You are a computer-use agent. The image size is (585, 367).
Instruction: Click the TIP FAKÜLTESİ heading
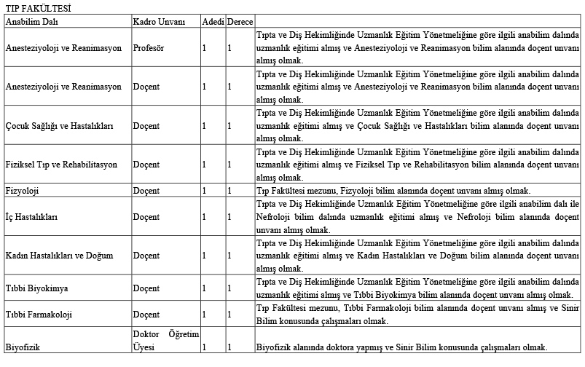click(34, 8)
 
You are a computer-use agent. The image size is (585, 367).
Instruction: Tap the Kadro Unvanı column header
click(157, 21)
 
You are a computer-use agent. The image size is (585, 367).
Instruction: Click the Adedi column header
click(213, 21)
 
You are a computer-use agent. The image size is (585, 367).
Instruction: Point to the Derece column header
click(240, 21)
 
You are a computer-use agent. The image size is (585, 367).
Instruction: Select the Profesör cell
click(150, 48)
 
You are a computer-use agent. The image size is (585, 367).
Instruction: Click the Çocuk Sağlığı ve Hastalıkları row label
click(59, 125)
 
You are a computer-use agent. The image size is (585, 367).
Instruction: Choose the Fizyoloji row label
click(23, 190)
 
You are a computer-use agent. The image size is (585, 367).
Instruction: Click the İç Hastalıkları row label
click(31, 217)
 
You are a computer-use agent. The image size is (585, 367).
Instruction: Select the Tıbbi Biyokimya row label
click(37, 288)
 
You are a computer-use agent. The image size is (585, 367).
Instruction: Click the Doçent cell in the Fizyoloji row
click(146, 190)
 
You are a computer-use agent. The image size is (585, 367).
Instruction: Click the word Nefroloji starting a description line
click(276, 217)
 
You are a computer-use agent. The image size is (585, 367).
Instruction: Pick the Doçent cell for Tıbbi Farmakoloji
click(146, 315)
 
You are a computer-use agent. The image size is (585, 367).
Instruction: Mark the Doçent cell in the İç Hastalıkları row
click(146, 217)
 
